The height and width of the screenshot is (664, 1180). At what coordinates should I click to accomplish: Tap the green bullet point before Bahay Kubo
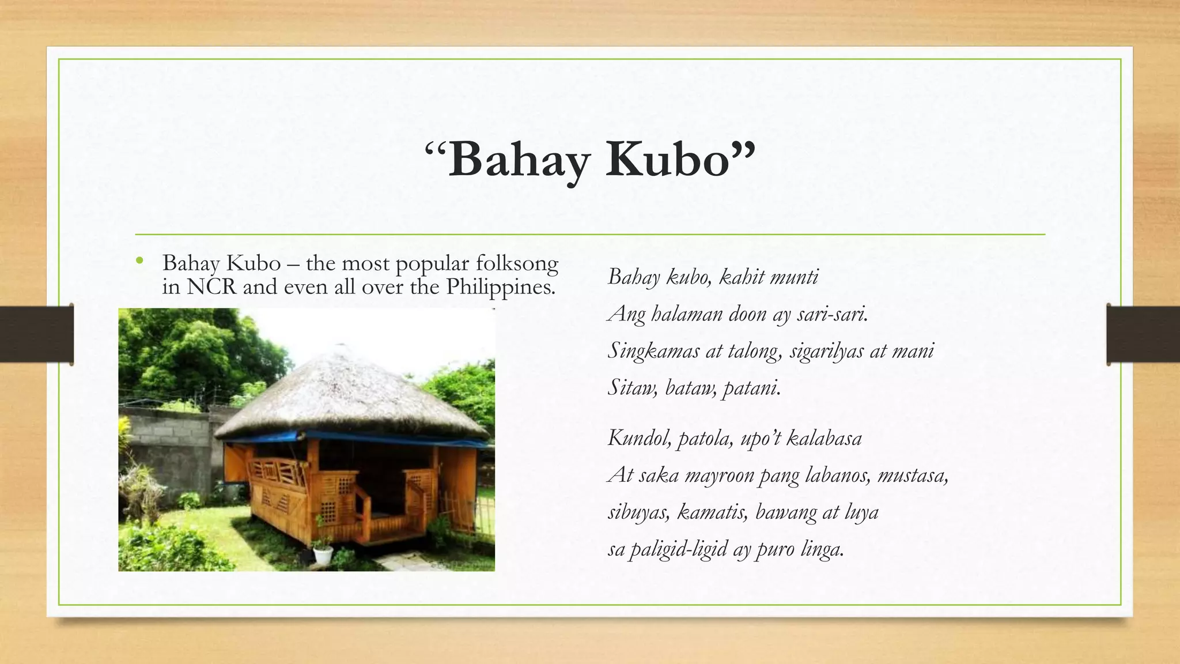(139, 262)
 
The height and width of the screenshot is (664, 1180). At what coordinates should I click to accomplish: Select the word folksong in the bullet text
(517, 263)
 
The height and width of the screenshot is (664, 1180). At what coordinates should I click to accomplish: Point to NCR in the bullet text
(211, 286)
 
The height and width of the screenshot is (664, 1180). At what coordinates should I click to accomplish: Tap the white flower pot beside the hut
(323, 554)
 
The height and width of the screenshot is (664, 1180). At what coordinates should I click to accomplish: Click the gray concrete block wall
(167, 444)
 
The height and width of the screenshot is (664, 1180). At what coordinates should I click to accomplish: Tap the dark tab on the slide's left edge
(36, 334)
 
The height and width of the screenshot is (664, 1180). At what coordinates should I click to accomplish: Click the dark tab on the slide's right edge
(1143, 334)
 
